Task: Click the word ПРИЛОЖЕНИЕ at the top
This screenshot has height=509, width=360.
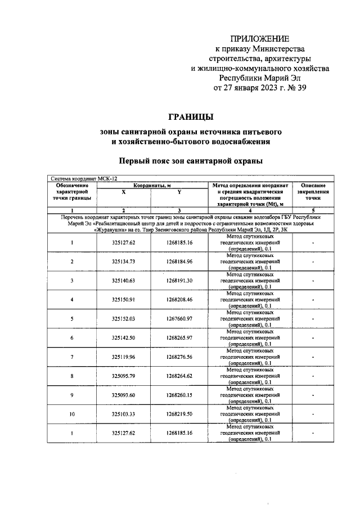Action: pos(260,39)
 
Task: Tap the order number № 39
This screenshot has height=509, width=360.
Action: pos(295,88)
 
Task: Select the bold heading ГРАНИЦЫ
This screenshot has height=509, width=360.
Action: pos(191,117)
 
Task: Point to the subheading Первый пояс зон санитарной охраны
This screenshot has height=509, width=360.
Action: pos(191,161)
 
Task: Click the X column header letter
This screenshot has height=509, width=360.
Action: pos(124,192)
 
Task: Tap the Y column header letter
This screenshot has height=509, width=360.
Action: pos(179,192)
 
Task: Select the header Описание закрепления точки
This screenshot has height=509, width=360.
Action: pos(313,192)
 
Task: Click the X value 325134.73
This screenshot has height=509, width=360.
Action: pos(124,262)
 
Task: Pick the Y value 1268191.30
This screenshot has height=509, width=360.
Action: pos(179,281)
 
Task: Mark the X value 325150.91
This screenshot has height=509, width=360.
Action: pos(124,299)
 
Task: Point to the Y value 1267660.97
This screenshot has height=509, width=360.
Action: pos(179,318)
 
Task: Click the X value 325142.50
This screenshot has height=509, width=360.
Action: pos(124,337)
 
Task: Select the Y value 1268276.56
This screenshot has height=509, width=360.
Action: pos(179,357)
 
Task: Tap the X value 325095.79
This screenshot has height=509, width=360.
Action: pos(124,376)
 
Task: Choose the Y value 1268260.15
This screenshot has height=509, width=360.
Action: pos(179,395)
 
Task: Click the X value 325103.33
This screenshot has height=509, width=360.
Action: pos(124,414)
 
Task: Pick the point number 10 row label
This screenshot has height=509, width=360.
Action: pos(72,414)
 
